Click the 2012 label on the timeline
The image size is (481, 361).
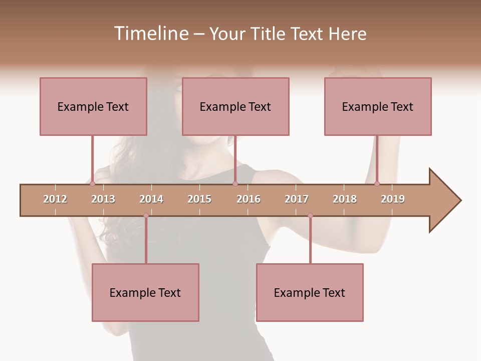(55, 199)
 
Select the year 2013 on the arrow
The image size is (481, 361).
(103, 199)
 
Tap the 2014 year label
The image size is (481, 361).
(151, 199)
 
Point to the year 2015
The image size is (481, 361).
(199, 199)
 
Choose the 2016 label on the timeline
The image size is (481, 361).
(249, 199)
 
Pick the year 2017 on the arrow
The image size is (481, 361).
(297, 199)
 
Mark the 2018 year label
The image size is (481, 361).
(345, 199)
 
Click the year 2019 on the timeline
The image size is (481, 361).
(393, 199)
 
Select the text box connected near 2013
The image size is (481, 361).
(93, 106)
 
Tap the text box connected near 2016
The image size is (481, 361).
(235, 106)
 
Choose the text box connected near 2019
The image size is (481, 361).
(378, 106)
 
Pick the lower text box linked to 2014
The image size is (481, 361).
(145, 292)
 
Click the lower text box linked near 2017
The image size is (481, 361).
(310, 292)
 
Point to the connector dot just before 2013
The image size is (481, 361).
(92, 184)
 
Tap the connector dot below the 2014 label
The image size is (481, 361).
(146, 216)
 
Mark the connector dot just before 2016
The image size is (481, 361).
(235, 184)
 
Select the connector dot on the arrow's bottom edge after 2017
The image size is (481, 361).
(310, 216)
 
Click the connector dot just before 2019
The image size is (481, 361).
(377, 184)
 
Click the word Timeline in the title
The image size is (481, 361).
(150, 34)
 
